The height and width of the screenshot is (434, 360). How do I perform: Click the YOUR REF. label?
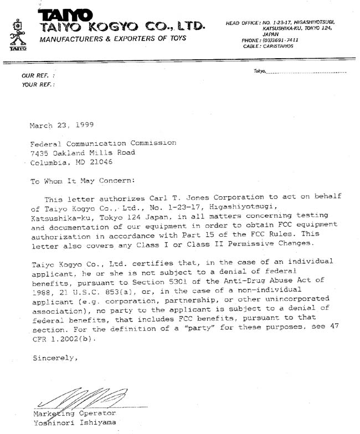tap(38, 84)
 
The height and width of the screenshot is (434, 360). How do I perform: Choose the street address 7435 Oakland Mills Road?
tap(82, 152)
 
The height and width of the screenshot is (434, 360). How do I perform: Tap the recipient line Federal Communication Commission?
tap(103, 143)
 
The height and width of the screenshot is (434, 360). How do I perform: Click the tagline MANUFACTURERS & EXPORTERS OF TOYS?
tap(112, 38)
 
